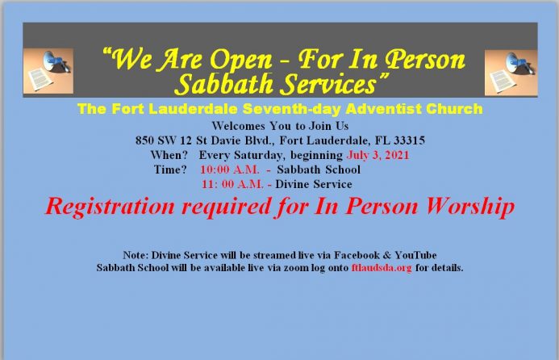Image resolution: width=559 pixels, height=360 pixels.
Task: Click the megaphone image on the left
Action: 48,71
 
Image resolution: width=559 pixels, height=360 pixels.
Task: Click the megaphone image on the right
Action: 511,73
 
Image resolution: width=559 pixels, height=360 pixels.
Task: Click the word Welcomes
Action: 238,126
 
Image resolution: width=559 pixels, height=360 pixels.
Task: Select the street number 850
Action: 144,140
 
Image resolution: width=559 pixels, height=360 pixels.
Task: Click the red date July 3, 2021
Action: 378,155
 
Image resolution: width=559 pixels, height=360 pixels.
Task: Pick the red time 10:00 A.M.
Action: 230,170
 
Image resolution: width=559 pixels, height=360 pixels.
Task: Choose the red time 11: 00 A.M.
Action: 232,184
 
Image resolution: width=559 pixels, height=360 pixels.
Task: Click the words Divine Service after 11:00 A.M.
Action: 314,184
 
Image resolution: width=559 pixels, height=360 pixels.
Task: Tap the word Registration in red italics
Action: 111,207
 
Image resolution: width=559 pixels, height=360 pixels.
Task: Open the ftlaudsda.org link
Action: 382,268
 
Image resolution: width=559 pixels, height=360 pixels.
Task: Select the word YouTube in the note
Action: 415,255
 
